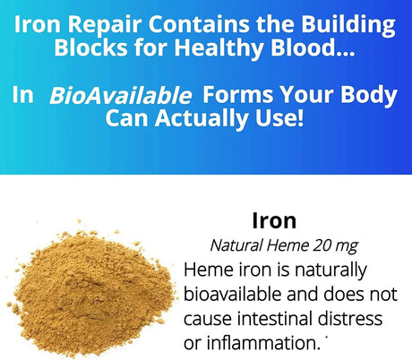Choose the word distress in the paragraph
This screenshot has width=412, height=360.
click(x=352, y=319)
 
